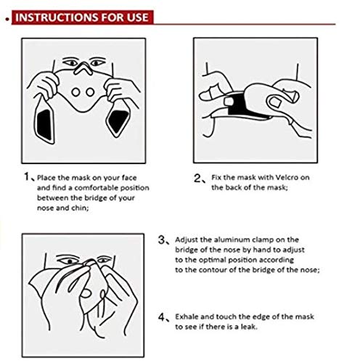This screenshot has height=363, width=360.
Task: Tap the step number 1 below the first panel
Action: coord(27,176)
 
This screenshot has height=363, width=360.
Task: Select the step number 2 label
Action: coord(197,179)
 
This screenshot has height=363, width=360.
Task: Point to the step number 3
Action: coord(162,240)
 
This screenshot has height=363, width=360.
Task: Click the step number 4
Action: coord(162,317)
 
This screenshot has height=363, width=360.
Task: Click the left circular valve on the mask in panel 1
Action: coord(75,92)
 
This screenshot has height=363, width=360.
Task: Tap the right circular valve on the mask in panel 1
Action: coord(90,92)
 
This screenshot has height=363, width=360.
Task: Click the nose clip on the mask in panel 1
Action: coord(83,68)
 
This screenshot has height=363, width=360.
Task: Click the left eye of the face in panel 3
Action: coord(70,261)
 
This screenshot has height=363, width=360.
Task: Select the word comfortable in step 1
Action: coord(97,188)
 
